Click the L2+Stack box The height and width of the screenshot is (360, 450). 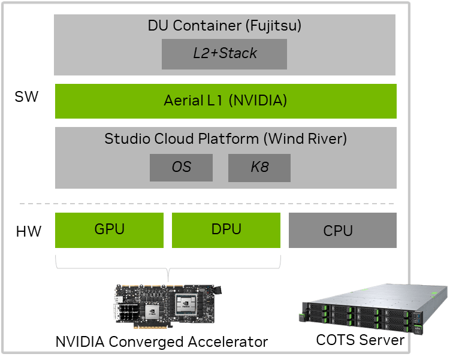pyautogui.click(x=224, y=54)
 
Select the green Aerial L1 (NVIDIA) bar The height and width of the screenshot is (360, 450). pyautogui.click(x=225, y=101)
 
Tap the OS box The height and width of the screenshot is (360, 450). pyautogui.click(x=181, y=167)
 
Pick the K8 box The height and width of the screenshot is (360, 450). pyautogui.click(x=259, y=167)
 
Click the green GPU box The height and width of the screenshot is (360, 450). pyautogui.click(x=109, y=230)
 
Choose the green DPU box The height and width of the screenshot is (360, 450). pyautogui.click(x=226, y=230)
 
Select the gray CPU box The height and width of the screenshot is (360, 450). pyautogui.click(x=342, y=231)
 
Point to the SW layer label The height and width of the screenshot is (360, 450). pyautogui.click(x=26, y=96)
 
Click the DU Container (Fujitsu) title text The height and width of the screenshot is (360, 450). pyautogui.click(x=224, y=26)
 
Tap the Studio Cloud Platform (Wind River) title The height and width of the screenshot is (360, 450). pyautogui.click(x=225, y=139)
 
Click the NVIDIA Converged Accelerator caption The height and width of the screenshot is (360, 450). pyautogui.click(x=161, y=343)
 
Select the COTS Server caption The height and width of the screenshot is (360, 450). pyautogui.click(x=360, y=340)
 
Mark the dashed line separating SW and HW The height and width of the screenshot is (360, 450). pyautogui.click(x=225, y=203)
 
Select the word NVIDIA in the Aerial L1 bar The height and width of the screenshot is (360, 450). pyautogui.click(x=258, y=101)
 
